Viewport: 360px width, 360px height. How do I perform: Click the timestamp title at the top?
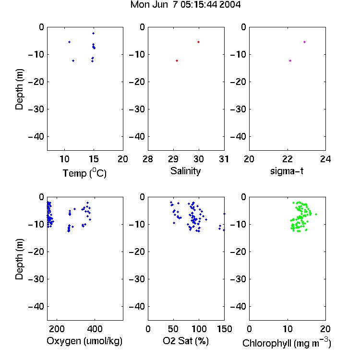click(185, 5)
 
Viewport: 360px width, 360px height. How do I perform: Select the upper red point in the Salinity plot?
click(199, 42)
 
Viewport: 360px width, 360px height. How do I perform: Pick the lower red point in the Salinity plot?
click(177, 60)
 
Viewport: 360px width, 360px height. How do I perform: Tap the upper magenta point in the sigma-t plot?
click(305, 42)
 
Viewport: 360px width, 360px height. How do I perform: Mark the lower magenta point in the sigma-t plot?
click(290, 60)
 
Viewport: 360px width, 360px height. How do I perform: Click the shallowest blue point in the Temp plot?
click(94, 33)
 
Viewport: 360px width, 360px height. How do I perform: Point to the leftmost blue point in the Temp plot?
click(69, 42)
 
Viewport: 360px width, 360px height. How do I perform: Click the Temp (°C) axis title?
click(84, 173)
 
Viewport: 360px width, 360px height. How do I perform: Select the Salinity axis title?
click(185, 171)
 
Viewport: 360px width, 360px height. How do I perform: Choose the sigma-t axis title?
click(287, 171)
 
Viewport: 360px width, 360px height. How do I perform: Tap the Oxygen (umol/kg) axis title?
click(84, 341)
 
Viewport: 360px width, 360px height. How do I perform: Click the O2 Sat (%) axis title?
click(186, 341)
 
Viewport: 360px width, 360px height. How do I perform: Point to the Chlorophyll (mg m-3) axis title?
click(287, 343)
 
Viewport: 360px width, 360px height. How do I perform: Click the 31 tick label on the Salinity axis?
click(224, 159)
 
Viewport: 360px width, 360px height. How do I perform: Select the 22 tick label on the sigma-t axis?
click(287, 159)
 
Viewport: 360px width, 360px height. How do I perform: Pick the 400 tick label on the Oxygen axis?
click(95, 329)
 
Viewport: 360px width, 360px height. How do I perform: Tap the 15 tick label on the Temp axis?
click(94, 159)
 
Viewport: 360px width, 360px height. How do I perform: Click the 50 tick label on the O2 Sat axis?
click(173, 329)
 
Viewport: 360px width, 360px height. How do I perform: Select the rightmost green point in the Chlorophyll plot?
click(316, 214)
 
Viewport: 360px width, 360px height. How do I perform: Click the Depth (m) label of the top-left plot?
click(19, 89)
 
